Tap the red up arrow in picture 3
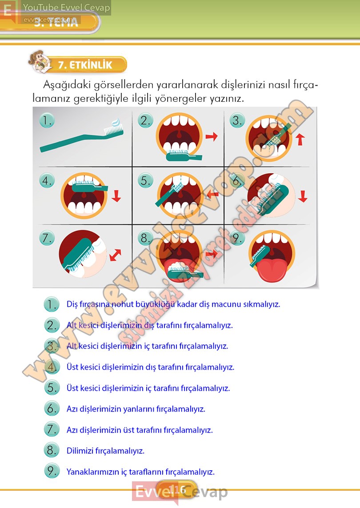[x=300, y=138]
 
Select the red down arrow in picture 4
[x=116, y=196]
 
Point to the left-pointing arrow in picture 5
[x=213, y=194]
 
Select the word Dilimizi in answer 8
[x=80, y=451]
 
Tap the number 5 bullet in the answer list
[x=52, y=388]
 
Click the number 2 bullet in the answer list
[x=52, y=325]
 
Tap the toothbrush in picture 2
[x=184, y=155]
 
